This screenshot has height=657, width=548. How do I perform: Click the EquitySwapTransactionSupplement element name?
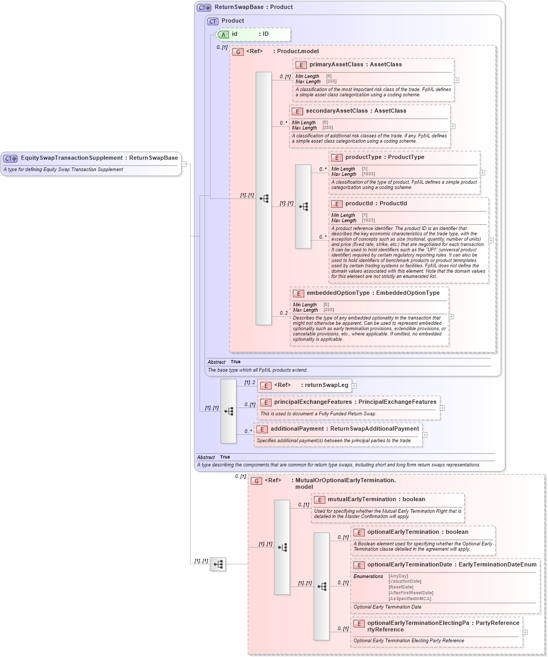point(72,158)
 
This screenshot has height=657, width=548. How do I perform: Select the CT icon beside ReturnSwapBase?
point(204,7)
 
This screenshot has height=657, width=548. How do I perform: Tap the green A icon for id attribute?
point(223,34)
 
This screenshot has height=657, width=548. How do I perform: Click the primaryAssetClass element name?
point(336,65)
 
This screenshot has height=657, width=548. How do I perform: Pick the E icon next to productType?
point(336,157)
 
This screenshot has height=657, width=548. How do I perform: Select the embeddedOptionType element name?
point(338,293)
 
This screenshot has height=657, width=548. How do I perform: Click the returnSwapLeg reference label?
point(324,385)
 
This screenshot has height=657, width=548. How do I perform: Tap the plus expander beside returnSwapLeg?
point(354,386)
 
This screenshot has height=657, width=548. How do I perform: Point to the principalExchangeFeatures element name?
point(313,402)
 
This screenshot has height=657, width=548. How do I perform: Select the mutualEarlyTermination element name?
point(362,500)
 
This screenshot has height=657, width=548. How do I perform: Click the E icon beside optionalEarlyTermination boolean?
point(358,532)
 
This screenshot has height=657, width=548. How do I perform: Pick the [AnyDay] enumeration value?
point(398,576)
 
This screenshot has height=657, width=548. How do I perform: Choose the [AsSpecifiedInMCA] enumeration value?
point(410,599)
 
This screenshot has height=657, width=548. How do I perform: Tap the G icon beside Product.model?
point(238,52)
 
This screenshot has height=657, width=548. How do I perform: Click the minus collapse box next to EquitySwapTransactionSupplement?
point(184,164)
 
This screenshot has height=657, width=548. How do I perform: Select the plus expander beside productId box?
point(491,241)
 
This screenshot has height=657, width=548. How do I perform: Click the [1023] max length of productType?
point(368,174)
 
